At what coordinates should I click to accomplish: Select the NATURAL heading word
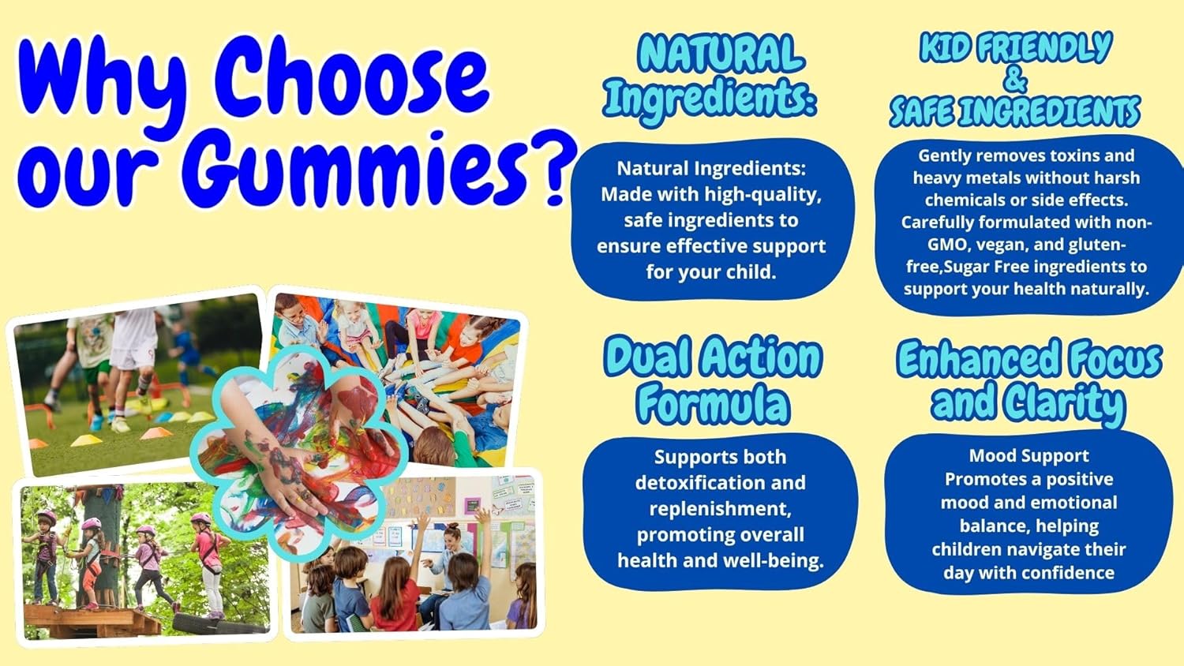click(x=721, y=54)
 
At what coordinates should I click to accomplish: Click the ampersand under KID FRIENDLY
click(x=1016, y=80)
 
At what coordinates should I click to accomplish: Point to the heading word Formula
click(x=713, y=404)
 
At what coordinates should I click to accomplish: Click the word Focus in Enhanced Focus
click(x=1115, y=359)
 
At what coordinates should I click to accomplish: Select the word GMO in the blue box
click(x=947, y=245)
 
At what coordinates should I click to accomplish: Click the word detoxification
click(x=720, y=483)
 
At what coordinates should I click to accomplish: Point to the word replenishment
click(x=720, y=509)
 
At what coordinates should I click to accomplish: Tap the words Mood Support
click(x=1029, y=456)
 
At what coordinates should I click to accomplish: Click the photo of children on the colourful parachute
click(x=442, y=355)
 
